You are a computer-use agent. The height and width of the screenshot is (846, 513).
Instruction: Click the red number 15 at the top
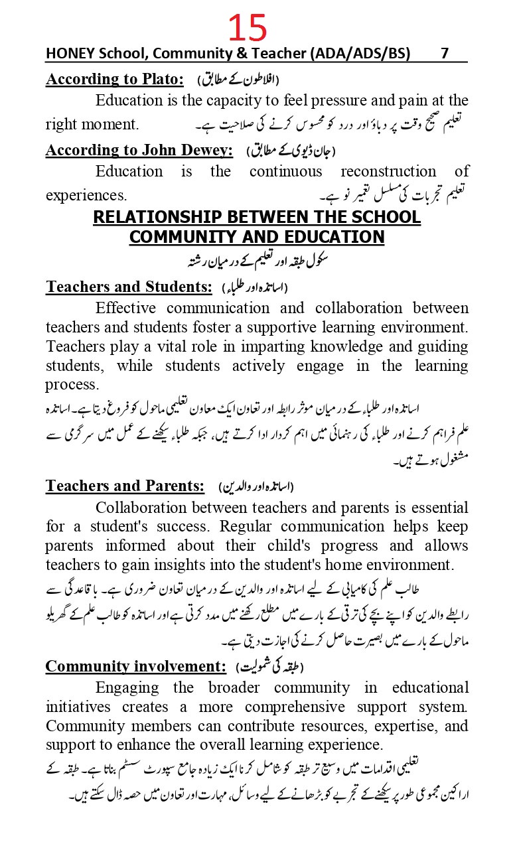(x=248, y=29)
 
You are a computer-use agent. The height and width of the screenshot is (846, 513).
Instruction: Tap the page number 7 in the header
(x=445, y=54)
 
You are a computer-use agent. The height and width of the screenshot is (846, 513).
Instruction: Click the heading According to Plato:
(x=115, y=80)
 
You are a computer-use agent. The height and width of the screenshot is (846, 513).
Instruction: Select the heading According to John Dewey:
(x=139, y=151)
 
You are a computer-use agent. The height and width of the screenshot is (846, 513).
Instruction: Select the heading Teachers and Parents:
(x=125, y=486)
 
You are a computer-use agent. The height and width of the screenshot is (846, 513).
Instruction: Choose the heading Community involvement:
(x=136, y=666)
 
